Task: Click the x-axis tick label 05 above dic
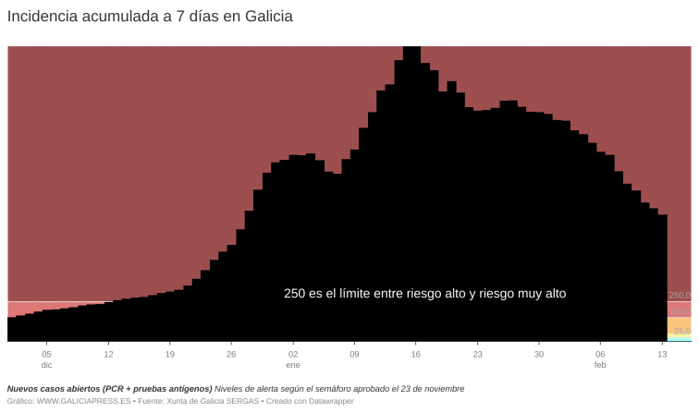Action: pos(46,354)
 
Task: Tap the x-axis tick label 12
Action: pos(108,354)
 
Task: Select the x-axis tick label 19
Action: pos(169,354)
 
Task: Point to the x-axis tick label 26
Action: pos(231,354)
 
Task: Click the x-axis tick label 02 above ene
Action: pos(293,354)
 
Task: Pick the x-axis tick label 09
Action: pos(354,354)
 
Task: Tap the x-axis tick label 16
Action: pos(416,354)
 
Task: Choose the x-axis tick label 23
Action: pos(477,354)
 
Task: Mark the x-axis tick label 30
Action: pos(539,354)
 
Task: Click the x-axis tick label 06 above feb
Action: pos(600,354)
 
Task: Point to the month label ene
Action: pos(293,366)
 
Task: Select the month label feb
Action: pos(600,366)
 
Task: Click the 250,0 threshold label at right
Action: pos(680,296)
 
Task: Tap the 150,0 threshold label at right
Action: pos(680,311)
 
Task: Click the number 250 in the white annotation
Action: pos(294,294)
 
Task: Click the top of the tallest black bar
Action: pos(412,47)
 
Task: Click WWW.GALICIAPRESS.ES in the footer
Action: pos(83,402)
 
